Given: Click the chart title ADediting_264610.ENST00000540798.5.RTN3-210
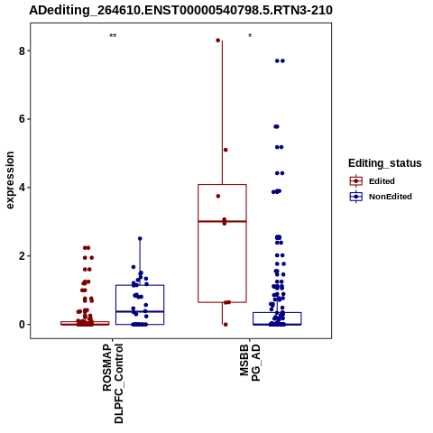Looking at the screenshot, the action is (x=180, y=10).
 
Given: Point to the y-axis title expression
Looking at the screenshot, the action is (x=10, y=180).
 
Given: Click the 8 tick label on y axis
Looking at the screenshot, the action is (x=22, y=51).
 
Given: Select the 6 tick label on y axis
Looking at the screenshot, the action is (x=22, y=119).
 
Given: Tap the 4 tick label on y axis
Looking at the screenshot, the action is (x=22, y=188).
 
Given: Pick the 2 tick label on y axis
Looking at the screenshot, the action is (x=22, y=256).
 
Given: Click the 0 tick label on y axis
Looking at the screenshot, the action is (x=22, y=325).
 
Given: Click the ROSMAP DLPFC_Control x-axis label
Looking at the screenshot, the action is (x=113, y=383).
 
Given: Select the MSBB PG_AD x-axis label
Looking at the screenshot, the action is (x=250, y=364).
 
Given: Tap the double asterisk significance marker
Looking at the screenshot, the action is (x=113, y=36).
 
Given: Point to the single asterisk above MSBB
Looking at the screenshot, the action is (x=250, y=36).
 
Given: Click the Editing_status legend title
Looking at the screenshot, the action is (x=385, y=163).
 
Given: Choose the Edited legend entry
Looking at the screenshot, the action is (x=373, y=181).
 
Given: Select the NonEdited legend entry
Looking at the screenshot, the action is (x=381, y=197).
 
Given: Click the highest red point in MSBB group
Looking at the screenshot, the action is (x=218, y=41).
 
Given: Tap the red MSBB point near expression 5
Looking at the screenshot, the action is (x=226, y=150).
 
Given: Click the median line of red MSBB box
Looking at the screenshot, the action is (x=222, y=221).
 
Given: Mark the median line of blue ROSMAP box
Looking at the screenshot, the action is (x=140, y=311).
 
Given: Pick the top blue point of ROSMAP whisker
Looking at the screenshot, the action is (x=140, y=238).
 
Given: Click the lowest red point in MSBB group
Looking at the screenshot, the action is (x=226, y=325).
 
